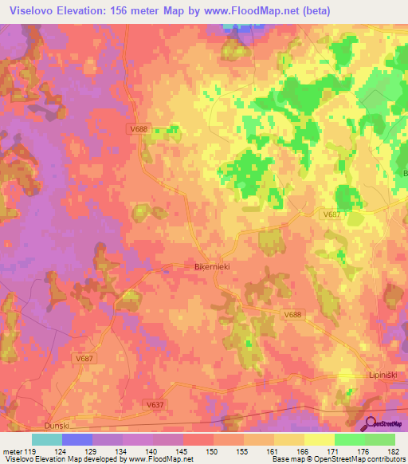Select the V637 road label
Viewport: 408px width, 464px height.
tap(156, 405)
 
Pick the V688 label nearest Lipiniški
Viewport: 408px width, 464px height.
tap(293, 316)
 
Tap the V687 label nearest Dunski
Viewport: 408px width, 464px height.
tap(84, 358)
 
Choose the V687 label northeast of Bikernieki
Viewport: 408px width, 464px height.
tap(332, 214)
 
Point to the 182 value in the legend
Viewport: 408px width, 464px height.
tap(392, 451)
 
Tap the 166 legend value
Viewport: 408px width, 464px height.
tap(303, 451)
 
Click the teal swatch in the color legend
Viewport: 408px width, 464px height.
tap(47, 439)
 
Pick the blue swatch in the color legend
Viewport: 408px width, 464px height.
tap(77, 439)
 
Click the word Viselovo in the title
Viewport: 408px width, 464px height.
tap(33, 9)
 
